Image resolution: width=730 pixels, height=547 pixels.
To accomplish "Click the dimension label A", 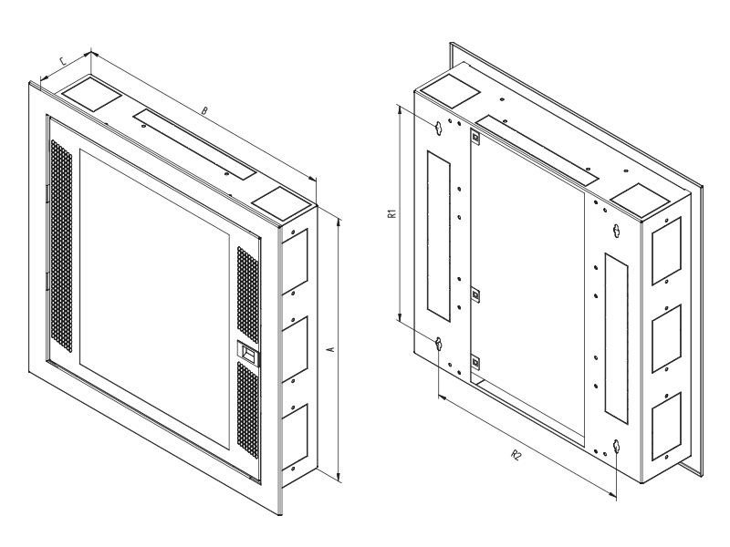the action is tap(331, 349).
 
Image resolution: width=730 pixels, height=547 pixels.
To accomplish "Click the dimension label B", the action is tap(203, 110).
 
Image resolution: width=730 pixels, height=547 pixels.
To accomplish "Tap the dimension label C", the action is tap(64, 61).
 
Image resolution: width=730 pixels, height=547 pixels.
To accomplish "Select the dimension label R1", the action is tap(392, 214).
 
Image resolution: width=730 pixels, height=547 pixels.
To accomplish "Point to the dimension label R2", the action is tap(516, 454).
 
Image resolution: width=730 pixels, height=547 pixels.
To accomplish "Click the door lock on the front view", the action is tap(249, 353).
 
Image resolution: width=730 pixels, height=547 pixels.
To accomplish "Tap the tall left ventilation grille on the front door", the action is tap(61, 245).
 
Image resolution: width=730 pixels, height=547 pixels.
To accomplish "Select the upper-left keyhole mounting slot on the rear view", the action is tap(438, 129).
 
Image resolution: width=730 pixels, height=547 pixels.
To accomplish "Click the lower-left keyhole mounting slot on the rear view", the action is tap(438, 345).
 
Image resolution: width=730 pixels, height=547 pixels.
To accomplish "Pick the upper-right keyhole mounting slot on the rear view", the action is tap(617, 231).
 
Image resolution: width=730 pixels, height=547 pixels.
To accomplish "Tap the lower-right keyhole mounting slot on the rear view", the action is tap(617, 447).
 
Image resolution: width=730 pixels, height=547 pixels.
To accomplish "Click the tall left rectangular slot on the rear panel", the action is tap(439, 235).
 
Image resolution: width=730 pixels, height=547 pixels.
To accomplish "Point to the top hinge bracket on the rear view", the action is tap(475, 137).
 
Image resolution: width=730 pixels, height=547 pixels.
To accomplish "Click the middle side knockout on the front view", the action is tap(294, 347).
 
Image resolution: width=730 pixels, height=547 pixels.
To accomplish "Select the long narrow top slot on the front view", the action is tap(194, 145).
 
